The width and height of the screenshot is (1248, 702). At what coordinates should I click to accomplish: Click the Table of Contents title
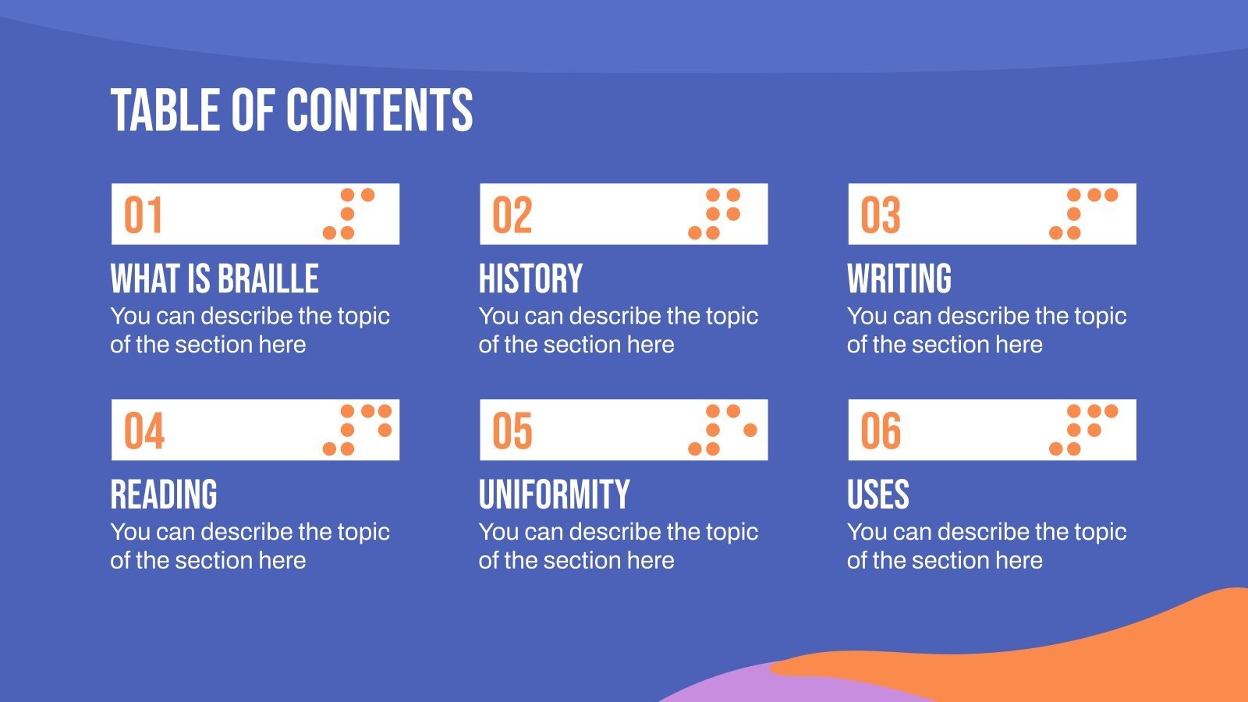292,110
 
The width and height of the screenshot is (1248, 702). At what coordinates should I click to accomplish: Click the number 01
144,215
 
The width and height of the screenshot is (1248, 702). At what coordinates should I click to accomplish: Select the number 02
512,215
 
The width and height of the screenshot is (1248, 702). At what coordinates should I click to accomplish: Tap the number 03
881,215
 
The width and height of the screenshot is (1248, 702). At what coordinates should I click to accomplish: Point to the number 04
144,431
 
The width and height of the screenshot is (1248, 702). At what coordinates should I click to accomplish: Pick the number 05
512,431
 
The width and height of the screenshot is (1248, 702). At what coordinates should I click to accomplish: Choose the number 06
881,431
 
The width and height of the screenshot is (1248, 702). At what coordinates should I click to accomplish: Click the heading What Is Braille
214,279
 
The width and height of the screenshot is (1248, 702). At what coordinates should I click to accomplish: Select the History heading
530,279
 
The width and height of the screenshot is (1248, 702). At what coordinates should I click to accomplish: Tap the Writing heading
899,279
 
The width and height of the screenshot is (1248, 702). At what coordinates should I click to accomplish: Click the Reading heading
164,495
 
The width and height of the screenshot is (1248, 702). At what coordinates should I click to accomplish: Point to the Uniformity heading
554,495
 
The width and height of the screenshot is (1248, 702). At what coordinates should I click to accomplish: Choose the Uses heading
878,495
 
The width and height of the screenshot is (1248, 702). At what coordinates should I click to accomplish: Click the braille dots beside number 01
349,214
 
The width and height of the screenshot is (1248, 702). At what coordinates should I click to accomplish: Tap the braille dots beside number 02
714,214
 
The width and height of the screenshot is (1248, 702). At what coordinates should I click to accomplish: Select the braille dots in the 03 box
1083,214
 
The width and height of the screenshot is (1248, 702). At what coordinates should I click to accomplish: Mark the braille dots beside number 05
722,430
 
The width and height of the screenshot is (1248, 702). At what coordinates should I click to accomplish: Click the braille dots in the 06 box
1083,430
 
